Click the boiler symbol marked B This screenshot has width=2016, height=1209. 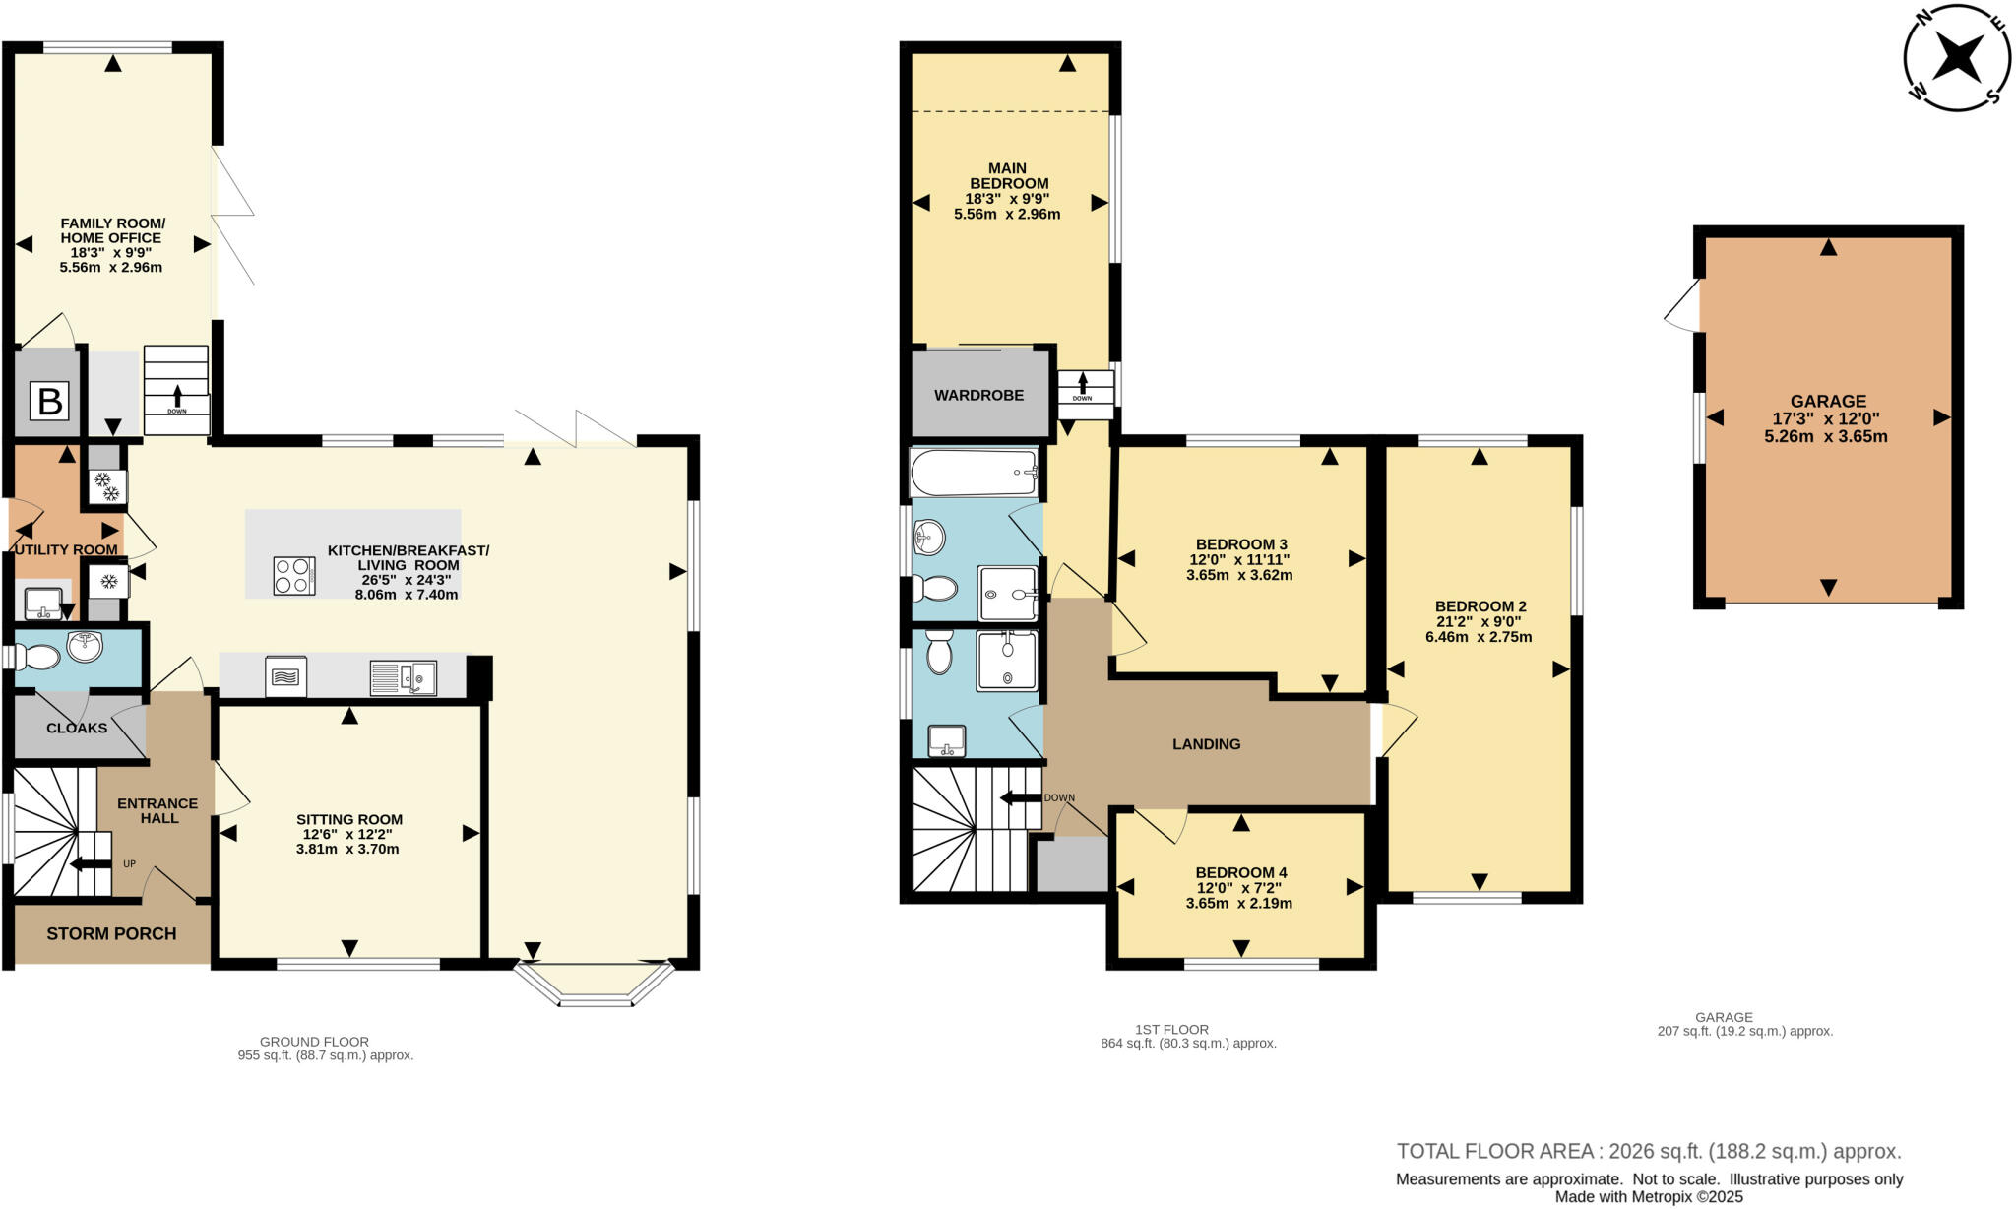tap(49, 401)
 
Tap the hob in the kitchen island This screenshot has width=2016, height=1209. tap(294, 575)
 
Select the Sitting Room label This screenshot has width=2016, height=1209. tap(349, 819)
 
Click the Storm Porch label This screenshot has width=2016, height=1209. tap(111, 933)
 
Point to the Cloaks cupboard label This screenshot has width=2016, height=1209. tap(77, 728)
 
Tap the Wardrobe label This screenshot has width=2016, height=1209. tap(978, 395)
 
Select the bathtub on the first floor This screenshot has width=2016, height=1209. tap(975, 473)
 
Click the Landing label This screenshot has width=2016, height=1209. tap(1206, 744)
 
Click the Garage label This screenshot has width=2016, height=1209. tap(1828, 401)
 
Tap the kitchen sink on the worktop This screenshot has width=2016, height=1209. tap(405, 677)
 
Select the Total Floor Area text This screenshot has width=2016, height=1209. tap(1648, 1151)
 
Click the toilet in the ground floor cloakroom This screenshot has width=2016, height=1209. tap(37, 656)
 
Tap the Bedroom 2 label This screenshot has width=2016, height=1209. tap(1480, 606)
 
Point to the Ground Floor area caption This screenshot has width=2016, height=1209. tap(325, 1048)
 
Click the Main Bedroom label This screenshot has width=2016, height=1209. tap(1007, 176)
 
